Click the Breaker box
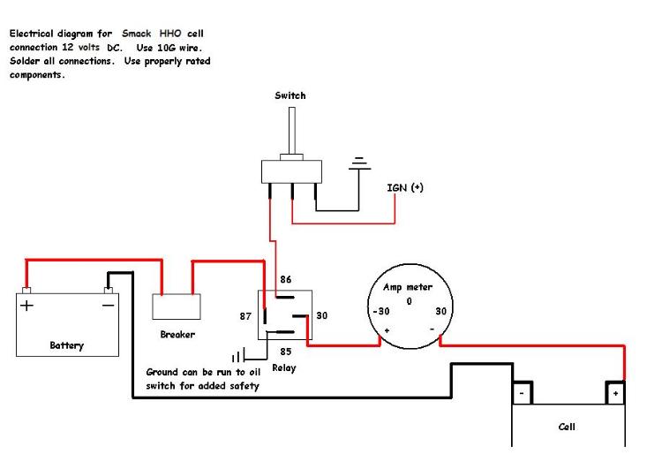pos(177,307)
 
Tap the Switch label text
pos(290,95)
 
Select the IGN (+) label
pos(405,187)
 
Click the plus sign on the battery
pos(27,306)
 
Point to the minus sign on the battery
pos(108,306)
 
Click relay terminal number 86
pos(285,278)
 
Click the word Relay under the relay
pos(284,368)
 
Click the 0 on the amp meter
pos(409,301)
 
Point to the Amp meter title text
pos(410,287)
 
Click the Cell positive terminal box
pos(614,392)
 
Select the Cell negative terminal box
pos(523,392)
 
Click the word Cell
pos(567,427)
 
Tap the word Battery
pos(67,345)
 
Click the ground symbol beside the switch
pos(358,163)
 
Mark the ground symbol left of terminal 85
pos(237,357)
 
